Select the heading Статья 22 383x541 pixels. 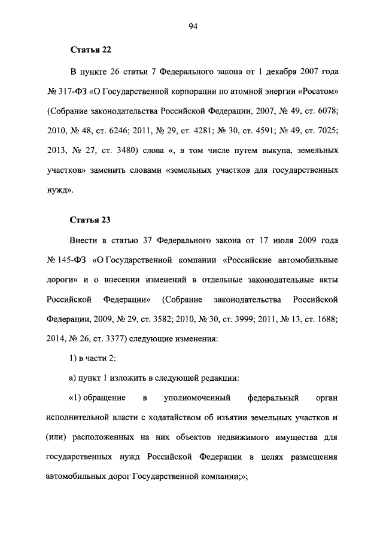(91, 49)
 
